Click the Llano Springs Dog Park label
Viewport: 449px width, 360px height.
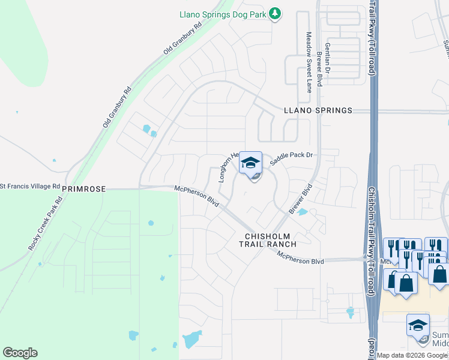[223, 14]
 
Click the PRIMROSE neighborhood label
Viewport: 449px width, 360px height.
[83, 188]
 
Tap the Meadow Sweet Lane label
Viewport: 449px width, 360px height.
[309, 62]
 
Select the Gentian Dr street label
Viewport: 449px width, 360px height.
[328, 59]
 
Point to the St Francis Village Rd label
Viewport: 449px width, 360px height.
[30, 187]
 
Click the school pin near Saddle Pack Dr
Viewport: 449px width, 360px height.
[251, 163]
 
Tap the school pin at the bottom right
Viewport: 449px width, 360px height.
[418, 325]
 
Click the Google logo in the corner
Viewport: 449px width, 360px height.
[20, 353]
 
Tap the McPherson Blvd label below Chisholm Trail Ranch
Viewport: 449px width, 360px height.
[300, 257]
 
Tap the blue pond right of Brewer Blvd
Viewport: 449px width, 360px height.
[303, 212]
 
